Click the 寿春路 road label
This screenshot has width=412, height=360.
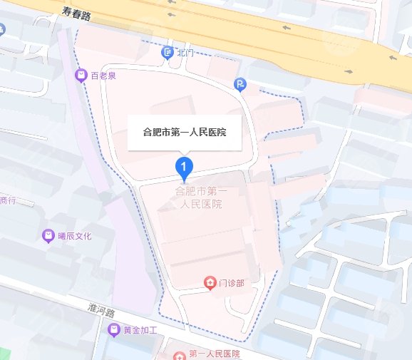(76, 12)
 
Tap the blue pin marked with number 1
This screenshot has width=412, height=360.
(185, 168)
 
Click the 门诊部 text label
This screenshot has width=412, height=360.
(232, 283)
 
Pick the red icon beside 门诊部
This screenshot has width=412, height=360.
(210, 283)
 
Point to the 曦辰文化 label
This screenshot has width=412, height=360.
(74, 235)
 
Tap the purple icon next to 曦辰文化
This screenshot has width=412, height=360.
(48, 235)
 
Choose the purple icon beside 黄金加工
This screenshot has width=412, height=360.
(113, 330)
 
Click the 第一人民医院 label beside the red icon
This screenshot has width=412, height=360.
(215, 354)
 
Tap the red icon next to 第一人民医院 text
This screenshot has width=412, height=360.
(178, 354)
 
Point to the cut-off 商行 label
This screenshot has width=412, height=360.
(8, 200)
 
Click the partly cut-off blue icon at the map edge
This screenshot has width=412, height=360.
(2, 29)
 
